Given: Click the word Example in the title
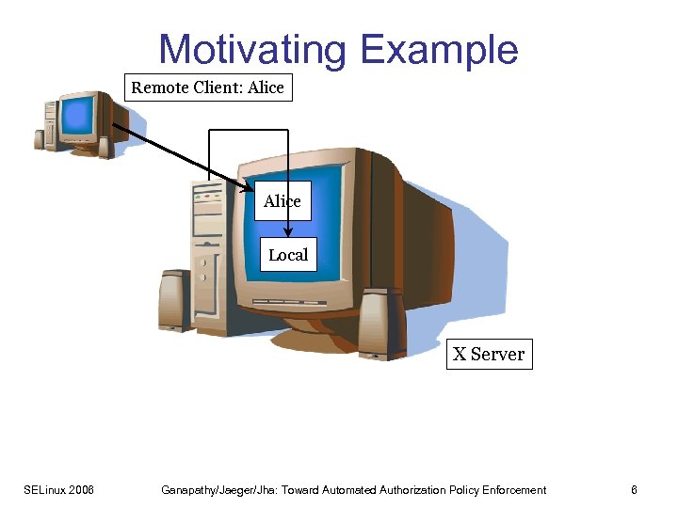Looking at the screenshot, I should pos(439,50).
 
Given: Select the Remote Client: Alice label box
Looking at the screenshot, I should pos(207,87).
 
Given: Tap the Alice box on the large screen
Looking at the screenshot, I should pos(282,201).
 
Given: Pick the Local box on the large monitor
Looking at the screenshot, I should pos(287,255).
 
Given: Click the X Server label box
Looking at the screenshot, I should pos(489,354).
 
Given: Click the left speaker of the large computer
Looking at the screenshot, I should pos(175,300).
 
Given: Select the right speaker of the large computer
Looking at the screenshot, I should pos(381,323).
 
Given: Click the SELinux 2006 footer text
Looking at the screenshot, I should pos(58,490).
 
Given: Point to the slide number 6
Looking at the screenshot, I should pos(635,490).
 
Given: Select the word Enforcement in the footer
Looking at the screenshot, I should pos(514,490).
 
